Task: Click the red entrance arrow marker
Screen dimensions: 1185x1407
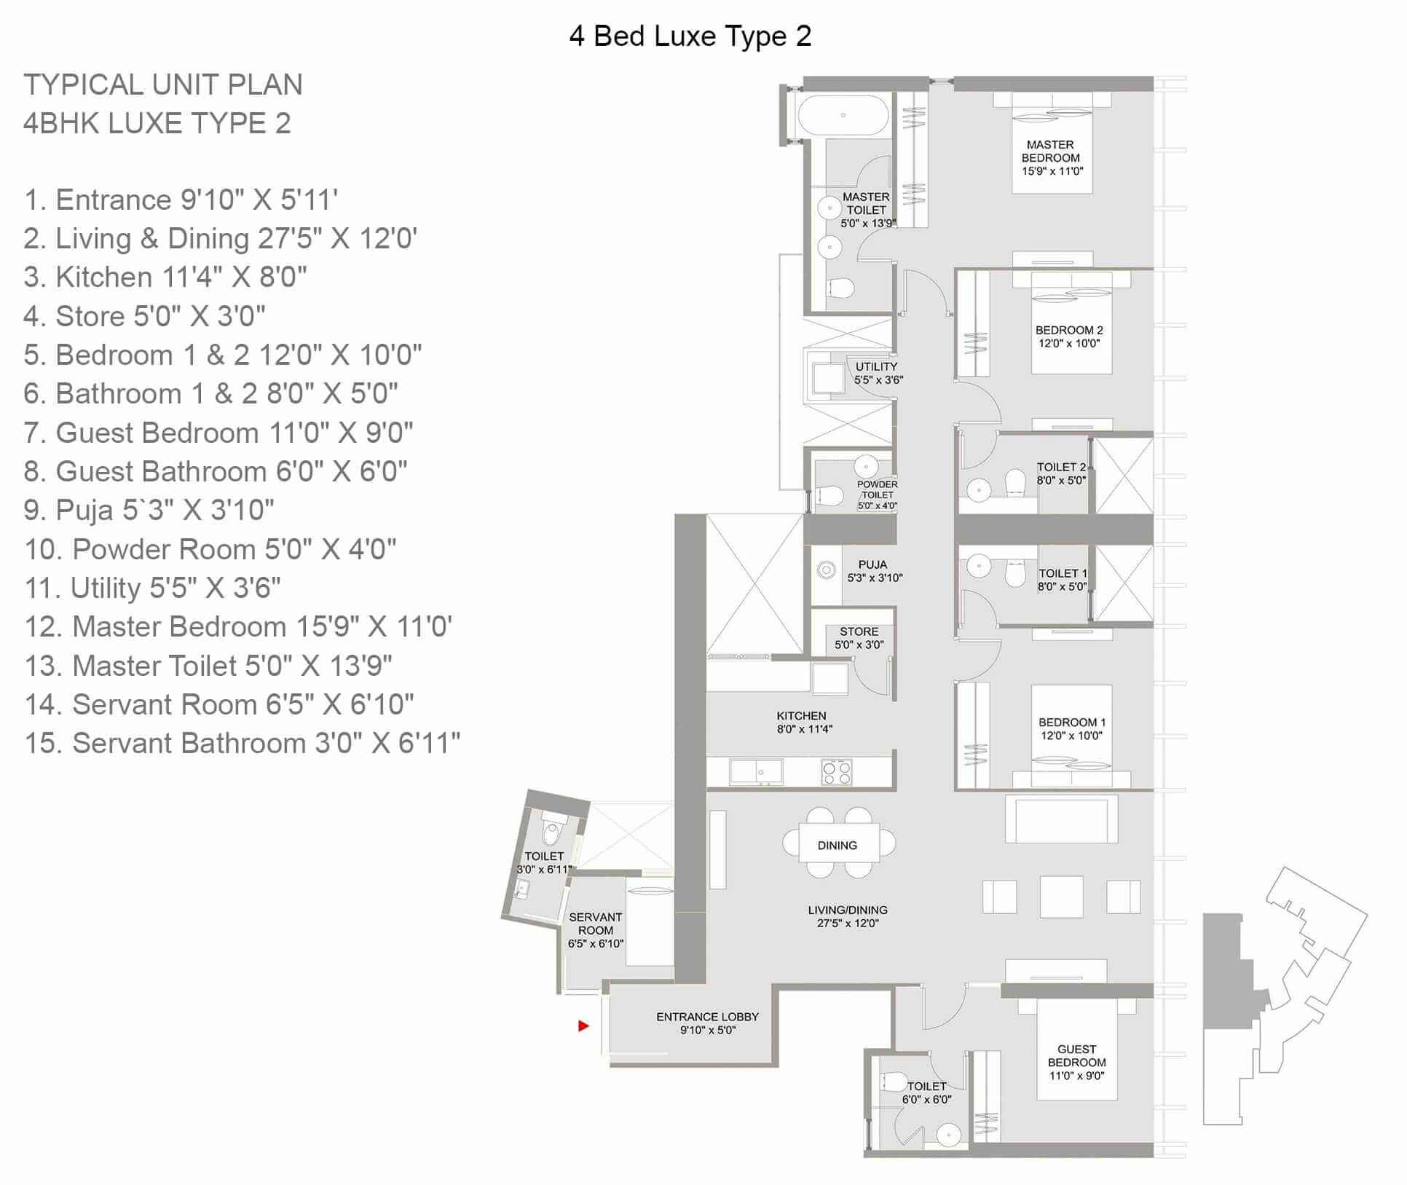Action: pos(583,1025)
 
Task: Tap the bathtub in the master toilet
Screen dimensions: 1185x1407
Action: pos(843,116)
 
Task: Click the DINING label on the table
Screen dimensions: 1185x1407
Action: pos(837,846)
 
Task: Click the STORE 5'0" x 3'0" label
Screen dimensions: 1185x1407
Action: pos(859,638)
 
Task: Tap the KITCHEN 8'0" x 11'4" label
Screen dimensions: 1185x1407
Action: pos(803,722)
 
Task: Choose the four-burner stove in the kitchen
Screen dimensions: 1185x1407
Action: pos(836,772)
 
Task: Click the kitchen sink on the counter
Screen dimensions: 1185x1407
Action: pos(756,772)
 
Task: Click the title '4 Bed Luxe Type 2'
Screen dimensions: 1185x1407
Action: pos(690,36)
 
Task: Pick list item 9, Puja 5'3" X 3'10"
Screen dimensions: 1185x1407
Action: pos(149,510)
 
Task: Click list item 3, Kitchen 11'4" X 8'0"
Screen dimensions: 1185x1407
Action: pos(165,277)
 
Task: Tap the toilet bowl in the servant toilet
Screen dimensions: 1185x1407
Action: pos(551,830)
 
